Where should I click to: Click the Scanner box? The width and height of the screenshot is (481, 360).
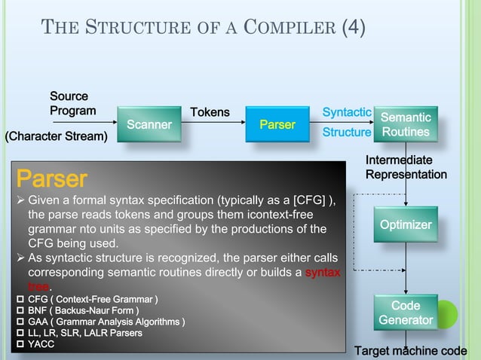[x=149, y=124]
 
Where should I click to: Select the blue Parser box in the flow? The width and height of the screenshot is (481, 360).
[x=277, y=124]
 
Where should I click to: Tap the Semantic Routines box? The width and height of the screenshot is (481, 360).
[x=406, y=125]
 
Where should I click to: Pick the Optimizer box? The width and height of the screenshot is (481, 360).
[x=406, y=225]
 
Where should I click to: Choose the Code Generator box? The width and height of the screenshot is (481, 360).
[x=406, y=313]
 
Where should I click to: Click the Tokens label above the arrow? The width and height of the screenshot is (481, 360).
[x=210, y=112]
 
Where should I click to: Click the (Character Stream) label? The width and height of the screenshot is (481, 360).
[x=57, y=136]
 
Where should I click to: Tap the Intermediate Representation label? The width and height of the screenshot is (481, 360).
[x=406, y=167]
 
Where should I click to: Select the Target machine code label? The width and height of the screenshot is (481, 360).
[x=411, y=351]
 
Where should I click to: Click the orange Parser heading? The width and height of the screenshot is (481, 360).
[x=52, y=179]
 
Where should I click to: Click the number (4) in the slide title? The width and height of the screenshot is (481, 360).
[x=354, y=29]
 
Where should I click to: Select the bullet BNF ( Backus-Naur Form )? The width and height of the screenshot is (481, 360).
[x=82, y=311]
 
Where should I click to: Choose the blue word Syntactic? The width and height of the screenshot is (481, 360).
[x=347, y=112]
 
